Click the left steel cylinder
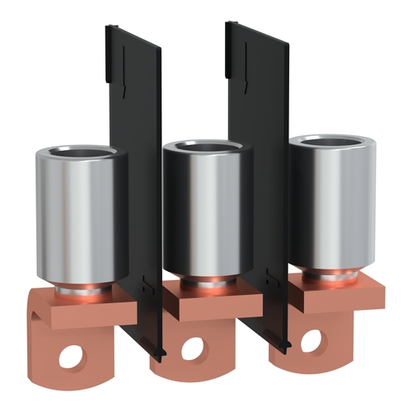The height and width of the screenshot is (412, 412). point(78,214)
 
